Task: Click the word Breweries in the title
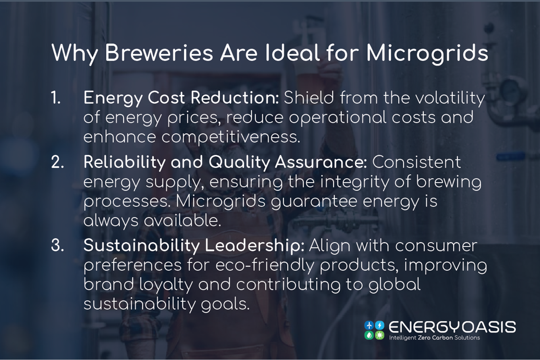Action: pyautogui.click(x=159, y=53)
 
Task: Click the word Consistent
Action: pyautogui.click(x=416, y=162)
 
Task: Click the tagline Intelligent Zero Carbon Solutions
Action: pyautogui.click(x=434, y=338)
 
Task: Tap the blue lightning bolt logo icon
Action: pyautogui.click(x=380, y=325)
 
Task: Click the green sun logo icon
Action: pyautogui.click(x=380, y=335)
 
